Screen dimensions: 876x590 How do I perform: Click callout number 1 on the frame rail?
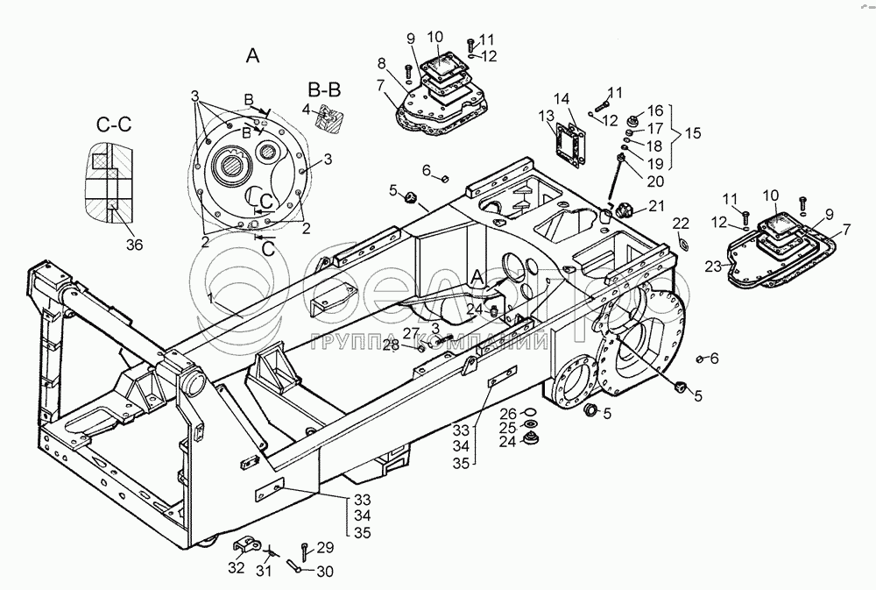tap(210, 299)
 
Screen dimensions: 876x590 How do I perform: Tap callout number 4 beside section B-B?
tap(306, 109)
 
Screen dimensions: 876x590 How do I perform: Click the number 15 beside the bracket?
tap(693, 133)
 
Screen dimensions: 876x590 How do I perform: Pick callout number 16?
tap(655, 110)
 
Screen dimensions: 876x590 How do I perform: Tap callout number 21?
tap(657, 206)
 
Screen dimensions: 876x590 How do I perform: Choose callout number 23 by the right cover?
tap(713, 267)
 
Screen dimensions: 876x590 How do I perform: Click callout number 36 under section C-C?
tap(135, 245)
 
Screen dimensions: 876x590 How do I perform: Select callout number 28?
tap(392, 345)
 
